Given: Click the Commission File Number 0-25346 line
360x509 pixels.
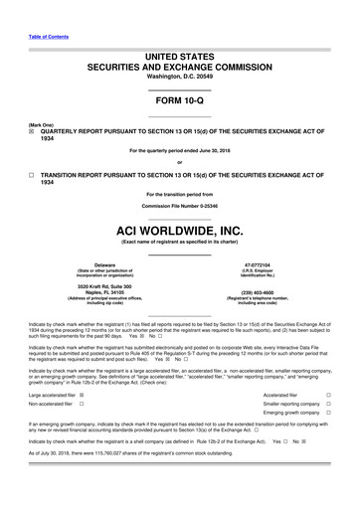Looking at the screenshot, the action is (x=179, y=205).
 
